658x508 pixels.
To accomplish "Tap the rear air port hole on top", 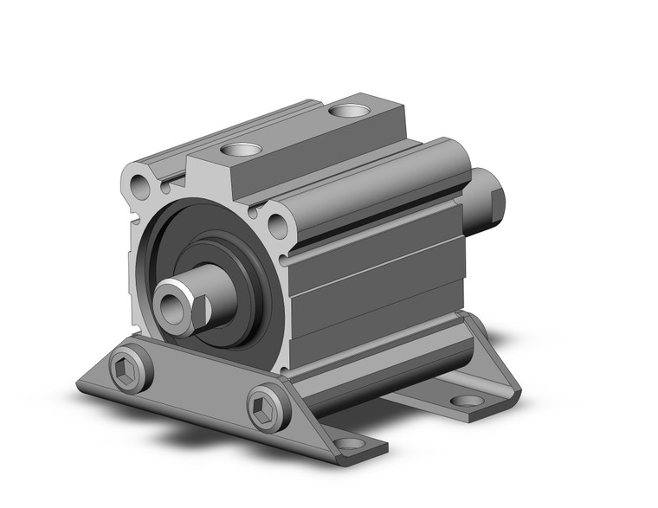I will pos(348,111).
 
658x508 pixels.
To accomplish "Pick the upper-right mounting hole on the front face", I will pos(278,226).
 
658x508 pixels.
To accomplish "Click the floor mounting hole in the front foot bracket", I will pos(350,443).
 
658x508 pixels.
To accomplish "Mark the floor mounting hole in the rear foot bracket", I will pos(468,401).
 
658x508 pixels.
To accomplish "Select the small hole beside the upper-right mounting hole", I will pos(253,211).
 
